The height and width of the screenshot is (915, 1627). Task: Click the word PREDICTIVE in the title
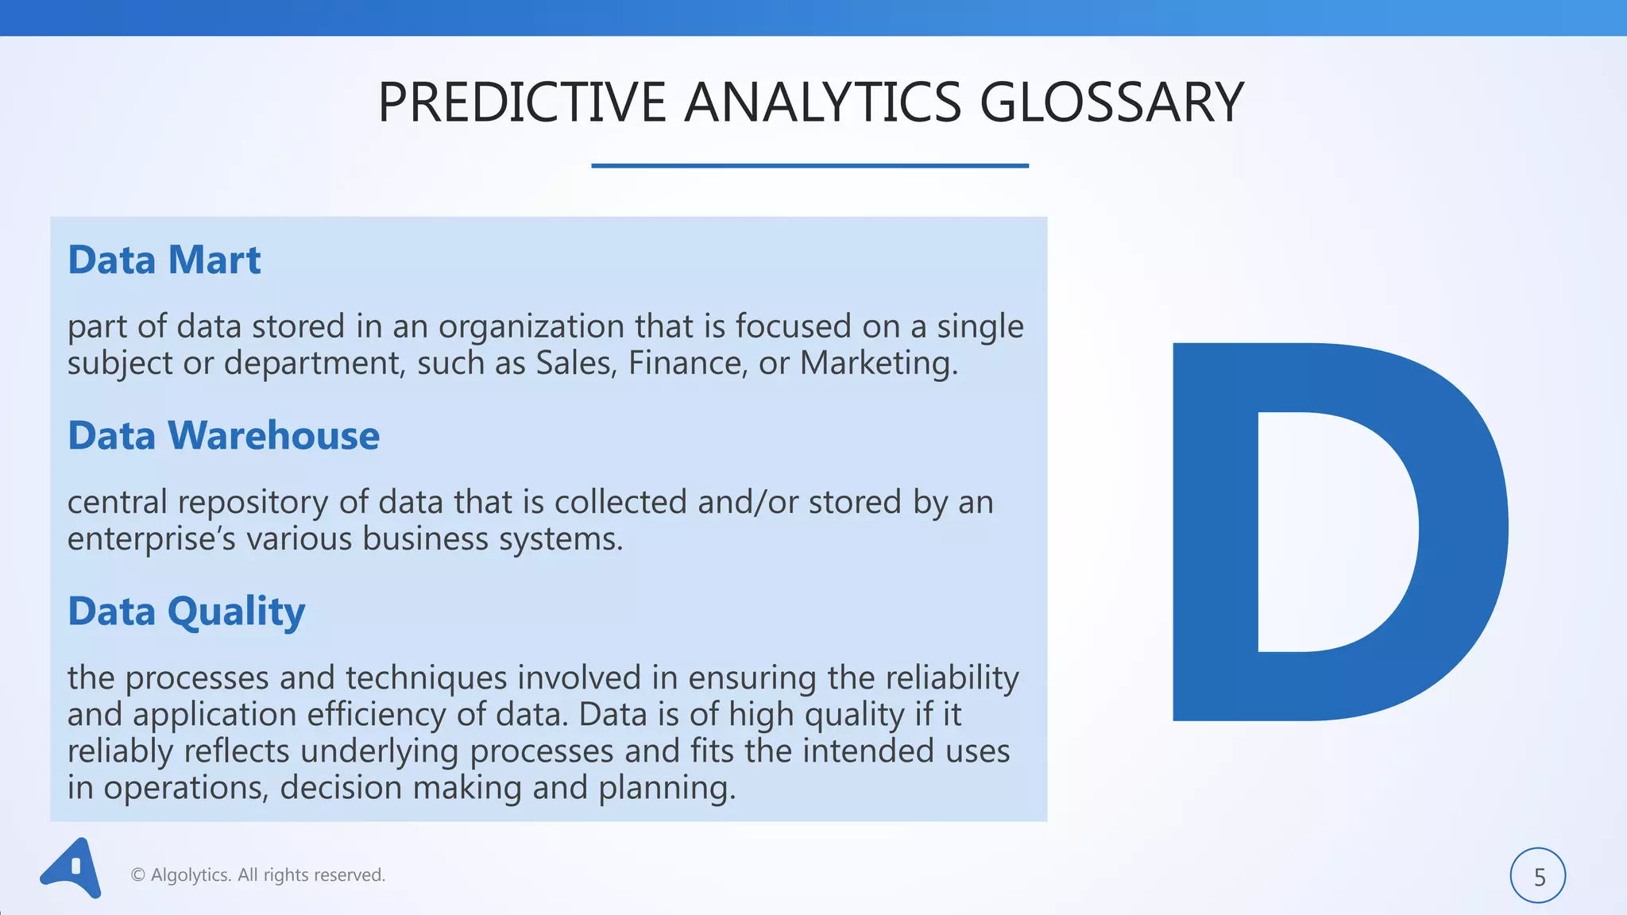521,103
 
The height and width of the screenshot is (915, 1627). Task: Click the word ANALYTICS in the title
822,103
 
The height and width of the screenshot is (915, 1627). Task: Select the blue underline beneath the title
810,165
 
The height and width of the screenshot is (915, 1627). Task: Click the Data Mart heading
164,261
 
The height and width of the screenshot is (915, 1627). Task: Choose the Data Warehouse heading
224,436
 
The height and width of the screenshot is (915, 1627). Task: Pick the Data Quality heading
187,612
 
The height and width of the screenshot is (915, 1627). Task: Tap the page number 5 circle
1538,876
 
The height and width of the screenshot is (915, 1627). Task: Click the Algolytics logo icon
71,869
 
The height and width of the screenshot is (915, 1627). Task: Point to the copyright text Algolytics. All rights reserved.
258,875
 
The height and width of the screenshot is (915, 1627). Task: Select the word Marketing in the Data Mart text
878,364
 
